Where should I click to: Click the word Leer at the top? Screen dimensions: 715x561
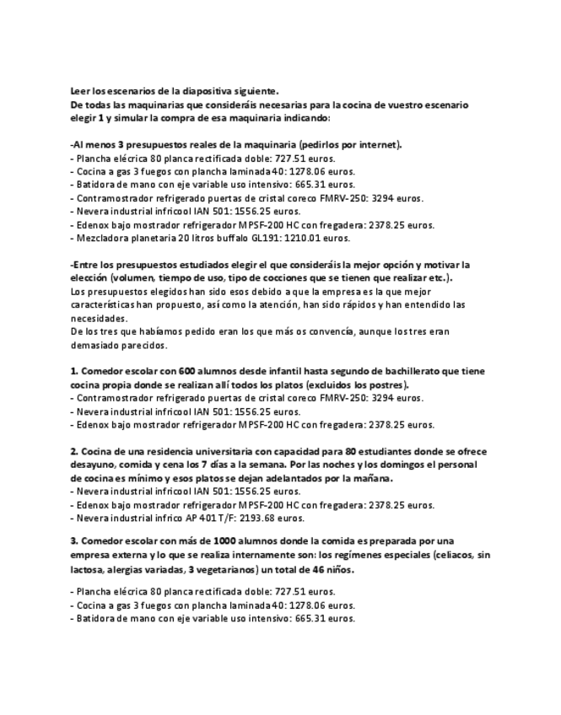pos(80,92)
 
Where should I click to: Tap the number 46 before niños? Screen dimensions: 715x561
pos(320,568)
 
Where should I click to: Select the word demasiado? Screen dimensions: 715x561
pos(97,345)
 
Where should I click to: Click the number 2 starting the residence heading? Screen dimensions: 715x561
pos(73,451)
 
